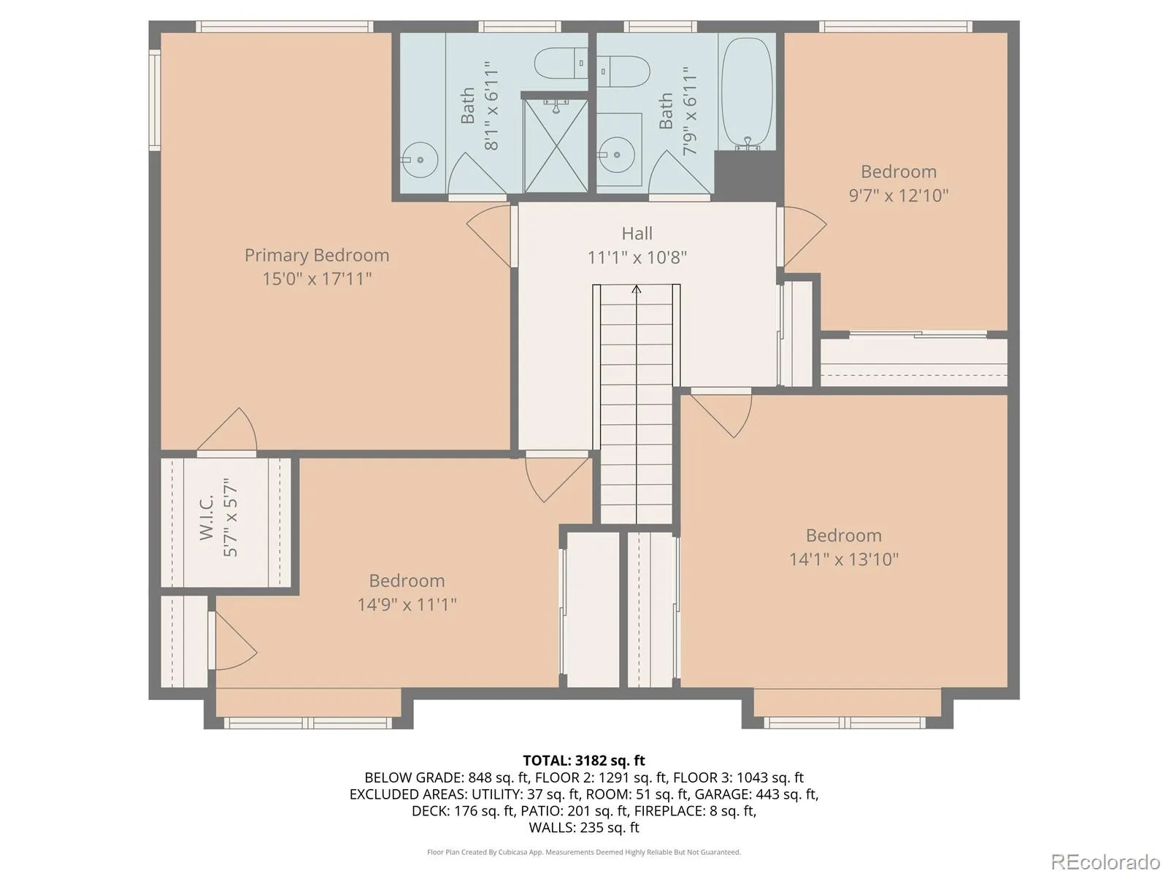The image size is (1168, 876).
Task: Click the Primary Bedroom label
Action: point(317,255)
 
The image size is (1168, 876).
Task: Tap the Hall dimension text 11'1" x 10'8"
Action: point(637,258)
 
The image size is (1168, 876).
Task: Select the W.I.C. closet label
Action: point(207,518)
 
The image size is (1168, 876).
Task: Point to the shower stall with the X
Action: point(556,145)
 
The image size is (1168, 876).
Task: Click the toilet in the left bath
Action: point(561,64)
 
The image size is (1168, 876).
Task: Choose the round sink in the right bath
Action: point(616,155)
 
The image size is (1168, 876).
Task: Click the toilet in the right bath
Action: point(623,72)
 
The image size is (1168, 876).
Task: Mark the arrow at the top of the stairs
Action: point(637,289)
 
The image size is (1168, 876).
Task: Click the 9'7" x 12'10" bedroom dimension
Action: point(898,196)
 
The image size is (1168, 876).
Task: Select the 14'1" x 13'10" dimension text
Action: point(843,559)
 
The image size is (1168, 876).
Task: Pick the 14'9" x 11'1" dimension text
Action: point(407,604)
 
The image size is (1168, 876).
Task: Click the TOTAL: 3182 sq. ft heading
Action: point(584,761)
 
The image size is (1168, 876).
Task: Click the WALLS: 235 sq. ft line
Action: point(584,828)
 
